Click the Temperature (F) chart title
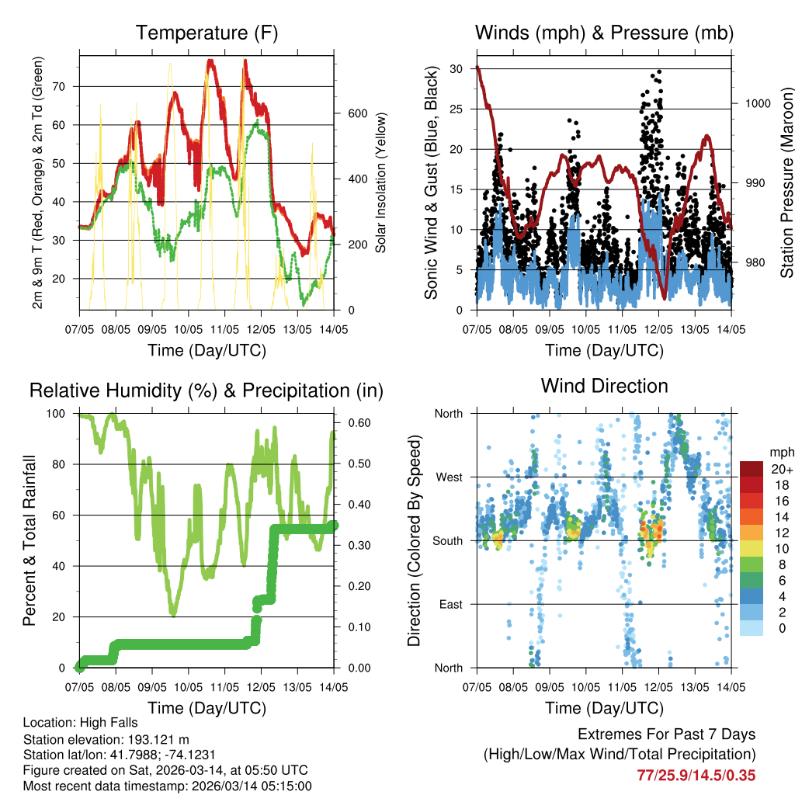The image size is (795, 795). [207, 33]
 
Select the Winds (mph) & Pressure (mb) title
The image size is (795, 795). [604, 33]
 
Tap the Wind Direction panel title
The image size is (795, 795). [604, 386]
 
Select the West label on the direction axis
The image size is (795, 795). [449, 477]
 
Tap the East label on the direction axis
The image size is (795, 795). [450, 604]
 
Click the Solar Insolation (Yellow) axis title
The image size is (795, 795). [381, 182]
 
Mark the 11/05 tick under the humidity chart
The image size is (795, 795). [225, 687]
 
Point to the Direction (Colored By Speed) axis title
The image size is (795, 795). [414, 540]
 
